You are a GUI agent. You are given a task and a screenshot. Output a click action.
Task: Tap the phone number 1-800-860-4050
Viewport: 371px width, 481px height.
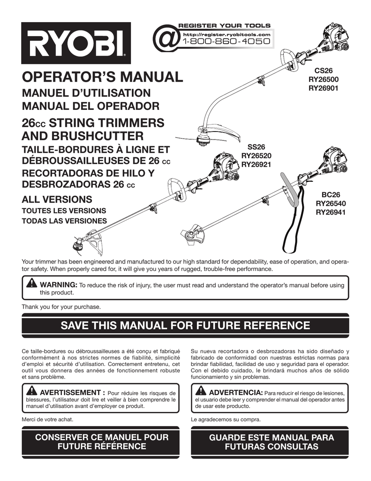coord(226,42)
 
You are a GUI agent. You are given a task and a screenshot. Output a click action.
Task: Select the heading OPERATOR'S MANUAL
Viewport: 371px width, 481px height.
coord(102,77)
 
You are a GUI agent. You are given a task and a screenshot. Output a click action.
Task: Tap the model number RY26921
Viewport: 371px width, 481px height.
coord(256,164)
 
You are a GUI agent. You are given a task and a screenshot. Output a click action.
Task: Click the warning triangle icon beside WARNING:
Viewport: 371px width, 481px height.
coord(32,283)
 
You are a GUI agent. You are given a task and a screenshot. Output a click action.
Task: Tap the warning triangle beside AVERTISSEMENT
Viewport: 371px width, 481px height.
coord(32,391)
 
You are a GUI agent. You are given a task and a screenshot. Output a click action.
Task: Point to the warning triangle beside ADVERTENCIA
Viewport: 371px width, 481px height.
coord(201,391)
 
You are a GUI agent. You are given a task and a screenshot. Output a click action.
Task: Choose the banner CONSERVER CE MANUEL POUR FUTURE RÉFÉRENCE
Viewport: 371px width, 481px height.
coord(101,442)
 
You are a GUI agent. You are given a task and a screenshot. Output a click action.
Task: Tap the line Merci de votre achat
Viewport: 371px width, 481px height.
coord(47,419)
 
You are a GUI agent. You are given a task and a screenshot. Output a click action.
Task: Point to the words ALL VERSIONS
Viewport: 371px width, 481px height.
coord(57,199)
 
